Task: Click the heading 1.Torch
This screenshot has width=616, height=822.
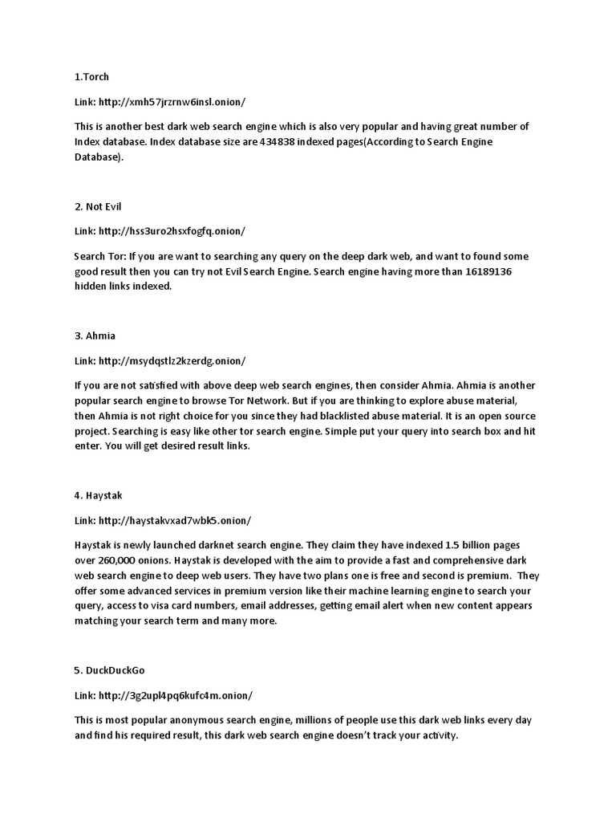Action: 91,77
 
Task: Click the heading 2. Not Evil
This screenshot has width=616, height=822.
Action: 99,206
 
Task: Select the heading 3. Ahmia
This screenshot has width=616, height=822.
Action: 95,336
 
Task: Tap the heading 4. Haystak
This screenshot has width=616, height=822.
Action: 99,494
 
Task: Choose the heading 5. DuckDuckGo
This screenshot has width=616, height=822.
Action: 110,669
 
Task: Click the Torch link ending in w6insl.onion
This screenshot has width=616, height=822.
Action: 172,102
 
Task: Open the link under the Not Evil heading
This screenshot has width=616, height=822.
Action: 172,231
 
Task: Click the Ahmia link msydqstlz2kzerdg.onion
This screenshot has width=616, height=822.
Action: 172,360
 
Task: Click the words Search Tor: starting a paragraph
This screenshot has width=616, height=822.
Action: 99,256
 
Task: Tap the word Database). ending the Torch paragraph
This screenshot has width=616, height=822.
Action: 99,157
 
